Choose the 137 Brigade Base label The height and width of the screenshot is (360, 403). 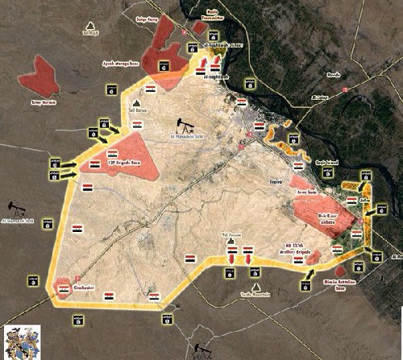[x=130, y=163]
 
